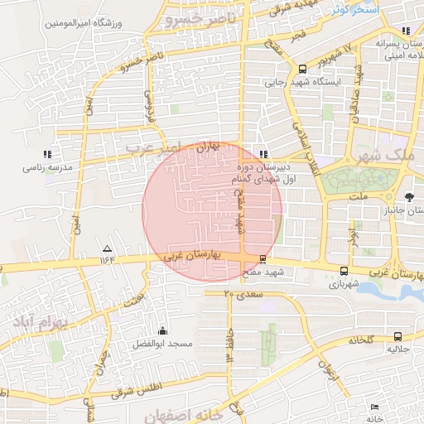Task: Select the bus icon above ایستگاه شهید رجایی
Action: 303,69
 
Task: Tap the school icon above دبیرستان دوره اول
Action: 263,154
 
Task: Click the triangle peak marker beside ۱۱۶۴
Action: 106,248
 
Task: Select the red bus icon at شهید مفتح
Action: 263,258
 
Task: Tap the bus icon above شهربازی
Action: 344,271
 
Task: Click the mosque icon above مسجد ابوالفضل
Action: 161,330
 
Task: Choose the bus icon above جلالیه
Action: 397,336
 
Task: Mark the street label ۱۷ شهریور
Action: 336,53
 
